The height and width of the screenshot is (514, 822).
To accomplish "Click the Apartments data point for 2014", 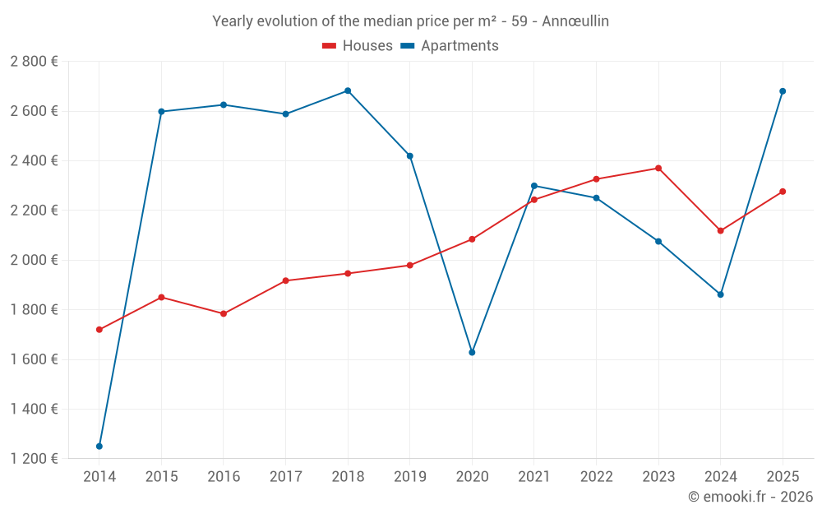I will click(99, 447).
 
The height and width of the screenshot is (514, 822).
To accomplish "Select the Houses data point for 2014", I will click(99, 330).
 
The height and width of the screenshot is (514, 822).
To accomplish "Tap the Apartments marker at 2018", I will click(348, 90).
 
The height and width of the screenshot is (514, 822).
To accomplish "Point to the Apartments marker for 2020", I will click(472, 352).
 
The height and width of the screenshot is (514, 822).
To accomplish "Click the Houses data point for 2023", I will click(658, 169).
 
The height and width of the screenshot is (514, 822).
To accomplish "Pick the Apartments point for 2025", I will click(783, 91).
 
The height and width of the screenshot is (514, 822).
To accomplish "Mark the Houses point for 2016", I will click(224, 313).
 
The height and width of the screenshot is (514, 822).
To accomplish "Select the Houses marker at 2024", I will click(720, 230).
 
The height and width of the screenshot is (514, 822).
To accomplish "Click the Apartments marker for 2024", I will click(720, 294).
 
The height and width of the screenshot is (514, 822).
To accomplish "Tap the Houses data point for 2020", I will click(472, 239).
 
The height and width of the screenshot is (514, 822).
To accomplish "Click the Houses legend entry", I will click(358, 46).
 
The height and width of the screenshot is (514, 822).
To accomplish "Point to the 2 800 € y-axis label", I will click(35, 62).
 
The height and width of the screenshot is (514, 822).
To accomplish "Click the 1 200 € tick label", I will click(35, 459).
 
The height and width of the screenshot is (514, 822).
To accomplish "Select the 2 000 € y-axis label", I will click(35, 260).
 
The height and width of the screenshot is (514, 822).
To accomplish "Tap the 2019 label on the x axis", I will click(409, 476).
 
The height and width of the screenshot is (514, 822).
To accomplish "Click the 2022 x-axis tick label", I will click(596, 476).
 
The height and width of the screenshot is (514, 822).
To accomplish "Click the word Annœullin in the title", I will click(575, 21).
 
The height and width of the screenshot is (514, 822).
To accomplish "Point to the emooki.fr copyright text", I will click(750, 497).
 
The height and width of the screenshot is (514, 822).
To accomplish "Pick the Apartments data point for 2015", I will click(161, 111).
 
